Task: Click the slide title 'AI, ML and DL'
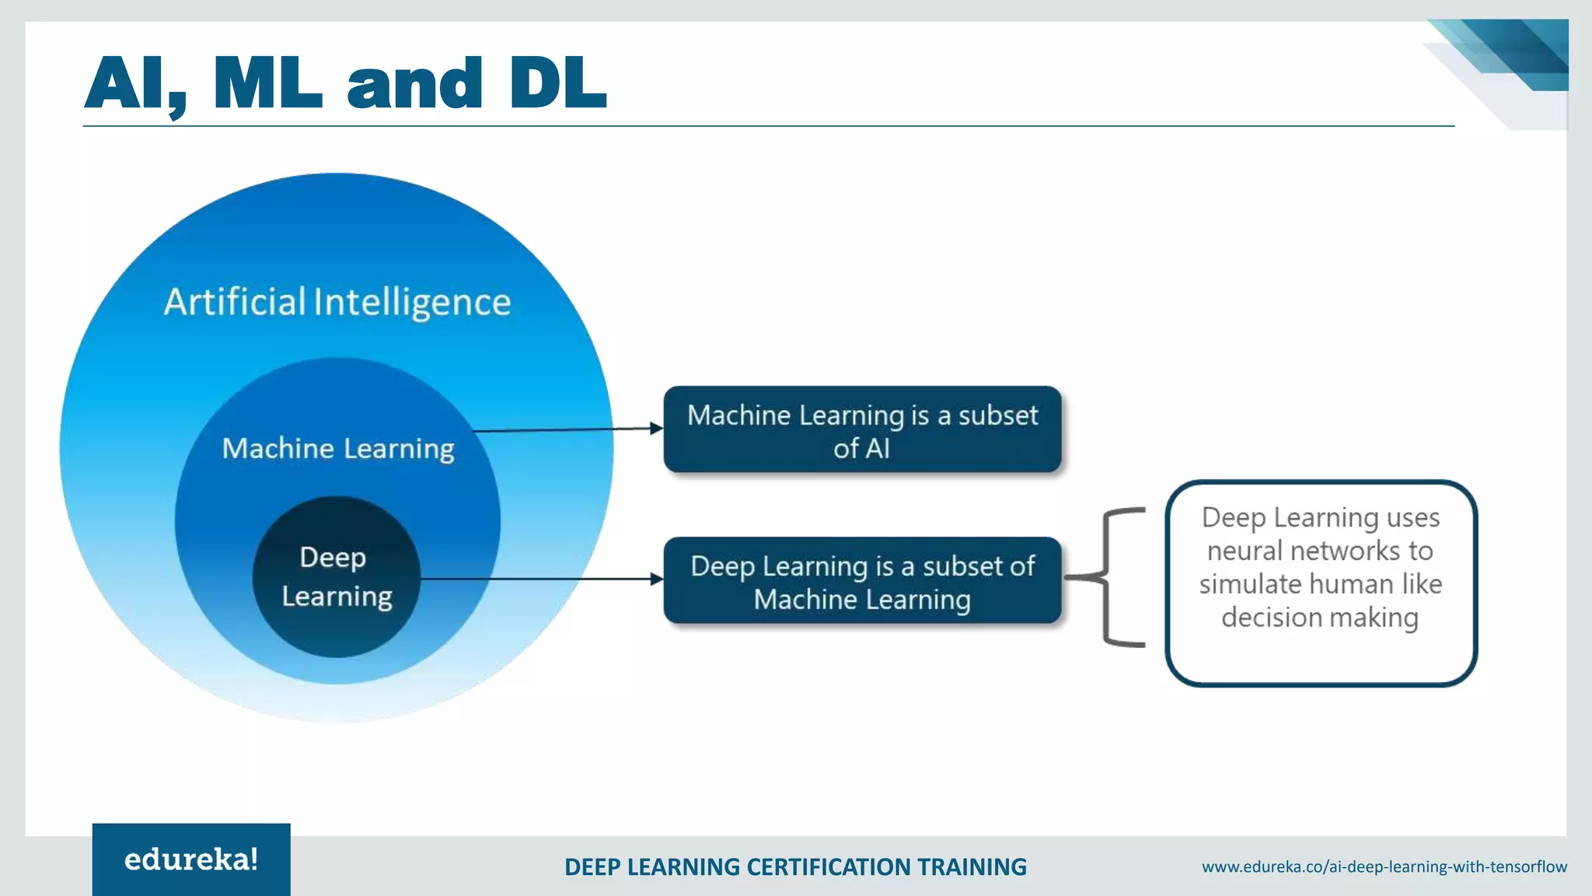tap(345, 84)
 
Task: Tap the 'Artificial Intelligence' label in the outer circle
tap(337, 302)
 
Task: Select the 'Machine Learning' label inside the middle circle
tap(338, 449)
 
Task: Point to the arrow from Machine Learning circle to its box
tap(567, 429)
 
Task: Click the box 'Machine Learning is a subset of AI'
tap(862, 430)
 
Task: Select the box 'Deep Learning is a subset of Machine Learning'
tap(862, 581)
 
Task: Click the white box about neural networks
tap(1321, 583)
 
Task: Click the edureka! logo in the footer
tap(191, 859)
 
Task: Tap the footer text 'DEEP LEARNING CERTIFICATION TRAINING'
tap(795, 866)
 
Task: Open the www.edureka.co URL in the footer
tap(1384, 866)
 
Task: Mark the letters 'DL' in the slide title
tap(557, 84)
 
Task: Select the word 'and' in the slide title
tap(414, 84)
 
